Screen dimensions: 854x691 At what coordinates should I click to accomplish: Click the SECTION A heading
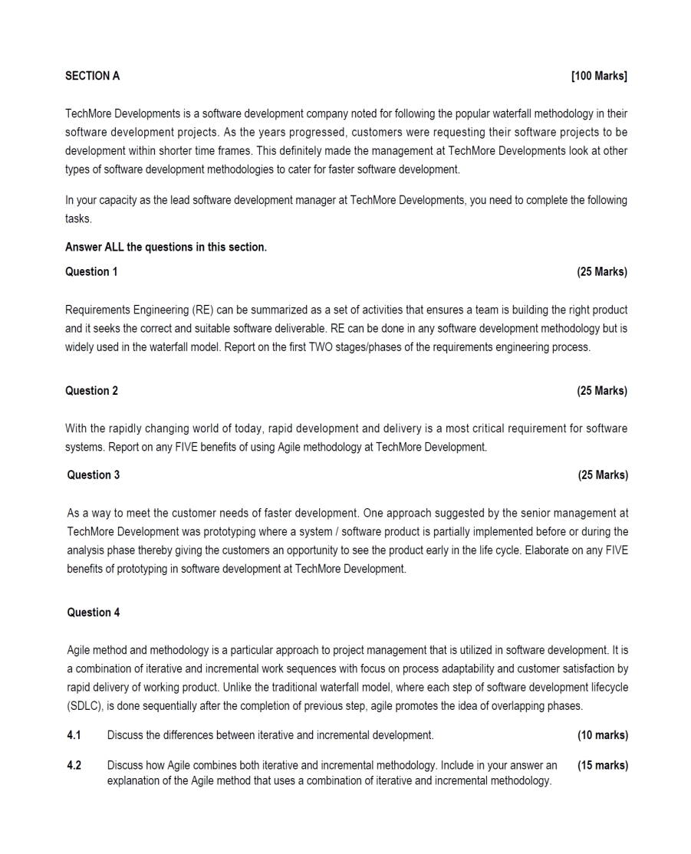coord(93,76)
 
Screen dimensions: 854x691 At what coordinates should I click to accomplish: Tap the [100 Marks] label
coord(599,76)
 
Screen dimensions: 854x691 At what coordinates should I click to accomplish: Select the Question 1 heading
coord(91,271)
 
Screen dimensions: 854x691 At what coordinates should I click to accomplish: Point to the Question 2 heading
coord(91,391)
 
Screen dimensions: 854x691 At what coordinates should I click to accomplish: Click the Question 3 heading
coord(94,475)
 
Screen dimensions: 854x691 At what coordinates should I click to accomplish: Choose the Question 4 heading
coord(94,613)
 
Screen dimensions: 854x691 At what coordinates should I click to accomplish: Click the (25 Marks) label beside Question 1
coord(601,271)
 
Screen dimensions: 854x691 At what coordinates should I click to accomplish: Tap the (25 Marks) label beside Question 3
coord(602,475)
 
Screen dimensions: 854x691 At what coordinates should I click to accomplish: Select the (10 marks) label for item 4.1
coord(602,735)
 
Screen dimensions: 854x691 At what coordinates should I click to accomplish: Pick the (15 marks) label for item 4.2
coord(602,765)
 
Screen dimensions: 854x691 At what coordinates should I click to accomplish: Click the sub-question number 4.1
coord(74,735)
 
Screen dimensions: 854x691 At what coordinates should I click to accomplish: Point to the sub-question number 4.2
coord(74,765)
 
